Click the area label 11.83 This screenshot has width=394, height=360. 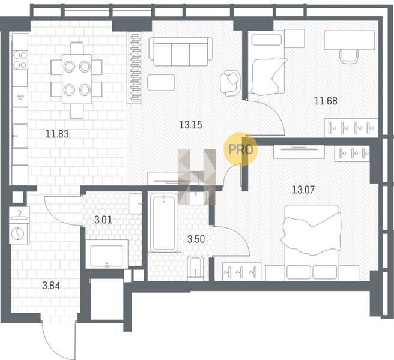click(57, 134)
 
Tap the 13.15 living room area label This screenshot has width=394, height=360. click(190, 125)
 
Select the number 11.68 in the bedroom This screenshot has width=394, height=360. click(326, 101)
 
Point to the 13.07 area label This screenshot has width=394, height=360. click(303, 190)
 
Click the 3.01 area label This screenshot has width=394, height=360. click(103, 220)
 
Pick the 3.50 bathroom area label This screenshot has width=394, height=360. click(196, 239)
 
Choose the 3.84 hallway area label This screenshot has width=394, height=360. click(51, 286)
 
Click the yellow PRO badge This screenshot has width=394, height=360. click(241, 149)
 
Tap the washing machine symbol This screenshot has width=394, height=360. click(19, 233)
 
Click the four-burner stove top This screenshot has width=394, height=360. click(20, 60)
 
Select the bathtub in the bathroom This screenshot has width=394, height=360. click(164, 223)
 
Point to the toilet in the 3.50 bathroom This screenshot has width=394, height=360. click(196, 268)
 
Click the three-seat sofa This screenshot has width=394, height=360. click(180, 52)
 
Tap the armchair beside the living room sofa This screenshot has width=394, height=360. click(229, 83)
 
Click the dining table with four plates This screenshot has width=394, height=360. click(77, 79)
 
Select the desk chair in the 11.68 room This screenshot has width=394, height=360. click(349, 56)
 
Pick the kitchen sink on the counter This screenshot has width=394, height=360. click(20, 136)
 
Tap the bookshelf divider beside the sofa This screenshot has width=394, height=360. click(135, 68)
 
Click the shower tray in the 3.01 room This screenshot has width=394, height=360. click(107, 254)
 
